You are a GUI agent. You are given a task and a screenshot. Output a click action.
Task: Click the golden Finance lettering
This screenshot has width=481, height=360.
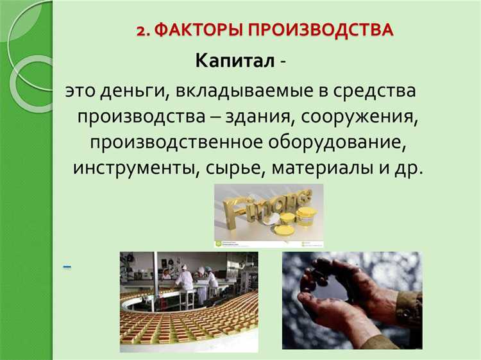(x=262, y=205)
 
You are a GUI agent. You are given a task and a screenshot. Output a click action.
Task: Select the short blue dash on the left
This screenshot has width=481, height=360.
(x=67, y=266)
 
